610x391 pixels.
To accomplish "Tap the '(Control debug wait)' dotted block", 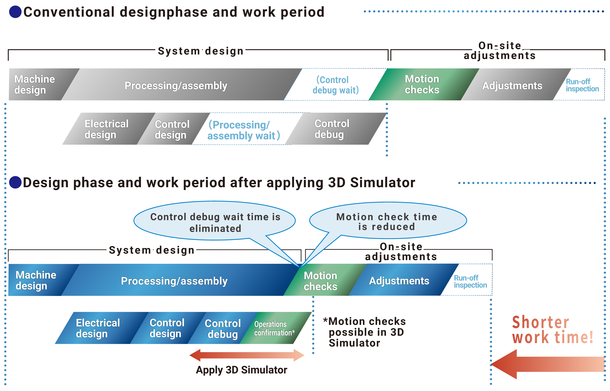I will click(335, 85).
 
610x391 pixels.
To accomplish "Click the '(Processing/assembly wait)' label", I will click(244, 130).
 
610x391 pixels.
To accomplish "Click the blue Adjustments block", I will click(399, 281).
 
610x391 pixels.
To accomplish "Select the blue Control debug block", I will click(222, 328).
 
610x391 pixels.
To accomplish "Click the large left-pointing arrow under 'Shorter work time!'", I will click(546, 364).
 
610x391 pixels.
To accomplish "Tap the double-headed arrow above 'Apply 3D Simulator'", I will click(247, 355).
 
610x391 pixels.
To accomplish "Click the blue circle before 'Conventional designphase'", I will click(15, 12).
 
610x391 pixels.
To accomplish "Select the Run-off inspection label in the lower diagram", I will click(470, 281).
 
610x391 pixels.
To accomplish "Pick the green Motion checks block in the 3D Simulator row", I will click(320, 281).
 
